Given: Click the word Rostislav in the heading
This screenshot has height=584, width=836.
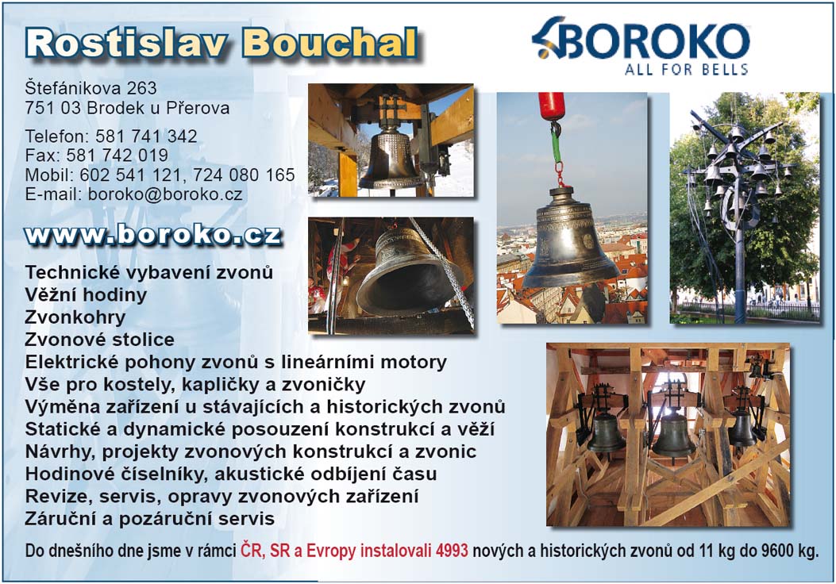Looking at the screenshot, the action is point(127,43).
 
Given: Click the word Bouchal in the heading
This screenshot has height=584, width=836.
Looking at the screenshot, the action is point(329,43).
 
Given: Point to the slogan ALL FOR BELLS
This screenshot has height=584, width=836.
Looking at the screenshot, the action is point(687,69).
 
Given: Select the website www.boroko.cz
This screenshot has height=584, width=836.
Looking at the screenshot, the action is point(153,236).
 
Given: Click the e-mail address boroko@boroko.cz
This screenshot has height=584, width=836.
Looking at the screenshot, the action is point(165,194).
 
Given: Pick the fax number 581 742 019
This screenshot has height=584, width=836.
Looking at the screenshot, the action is point(118,155).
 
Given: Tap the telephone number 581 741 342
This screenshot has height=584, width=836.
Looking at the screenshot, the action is point(147,136).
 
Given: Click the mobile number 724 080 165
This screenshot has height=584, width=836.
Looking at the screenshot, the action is point(244,175).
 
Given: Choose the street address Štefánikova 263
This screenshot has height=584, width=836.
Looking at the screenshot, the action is point(91,88).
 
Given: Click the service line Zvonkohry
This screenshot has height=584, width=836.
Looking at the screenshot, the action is point(75,317).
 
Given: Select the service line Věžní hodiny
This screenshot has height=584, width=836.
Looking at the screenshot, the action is point(86,294).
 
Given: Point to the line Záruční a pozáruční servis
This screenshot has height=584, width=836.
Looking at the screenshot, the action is point(150,518).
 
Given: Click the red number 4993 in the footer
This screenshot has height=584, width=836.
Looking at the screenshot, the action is point(452,551).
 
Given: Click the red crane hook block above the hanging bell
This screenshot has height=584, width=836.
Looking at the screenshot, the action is point(551,106).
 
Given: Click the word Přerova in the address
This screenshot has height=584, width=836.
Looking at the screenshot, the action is point(198,108).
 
